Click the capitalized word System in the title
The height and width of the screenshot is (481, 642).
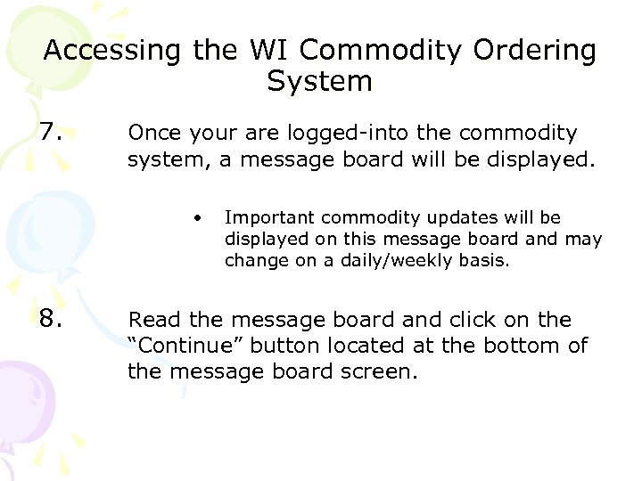(x=319, y=82)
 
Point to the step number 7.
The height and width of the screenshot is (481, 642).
(x=51, y=134)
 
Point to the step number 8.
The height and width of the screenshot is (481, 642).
(x=51, y=319)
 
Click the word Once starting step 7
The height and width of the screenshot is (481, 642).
(x=157, y=134)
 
